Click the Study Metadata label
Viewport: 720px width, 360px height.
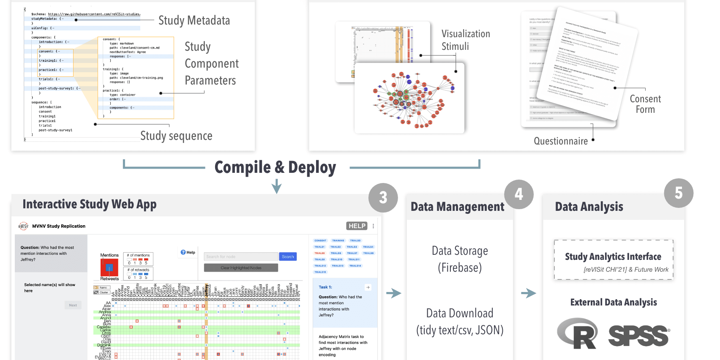point(194,20)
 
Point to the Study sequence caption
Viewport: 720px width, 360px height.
point(176,136)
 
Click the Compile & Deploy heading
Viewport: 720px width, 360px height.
point(275,167)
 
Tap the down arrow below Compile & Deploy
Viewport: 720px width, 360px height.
point(277,186)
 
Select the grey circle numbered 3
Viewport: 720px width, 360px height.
point(383,197)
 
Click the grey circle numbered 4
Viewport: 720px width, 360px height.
point(519,194)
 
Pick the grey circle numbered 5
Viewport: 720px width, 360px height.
point(679,193)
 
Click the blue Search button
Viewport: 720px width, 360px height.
point(288,256)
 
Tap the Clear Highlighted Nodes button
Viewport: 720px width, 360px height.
point(241,267)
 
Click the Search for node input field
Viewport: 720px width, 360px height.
point(241,256)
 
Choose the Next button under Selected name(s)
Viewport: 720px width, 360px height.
point(73,305)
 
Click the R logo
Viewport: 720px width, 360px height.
point(578,334)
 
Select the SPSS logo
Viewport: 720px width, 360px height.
point(638,336)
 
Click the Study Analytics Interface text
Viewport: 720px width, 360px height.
point(613,256)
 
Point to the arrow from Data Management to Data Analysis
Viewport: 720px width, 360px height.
point(528,293)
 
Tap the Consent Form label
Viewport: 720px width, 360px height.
point(645,104)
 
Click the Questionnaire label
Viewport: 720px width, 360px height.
point(561,141)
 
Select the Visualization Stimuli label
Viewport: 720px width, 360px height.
point(466,40)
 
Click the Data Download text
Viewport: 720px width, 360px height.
point(460,313)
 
